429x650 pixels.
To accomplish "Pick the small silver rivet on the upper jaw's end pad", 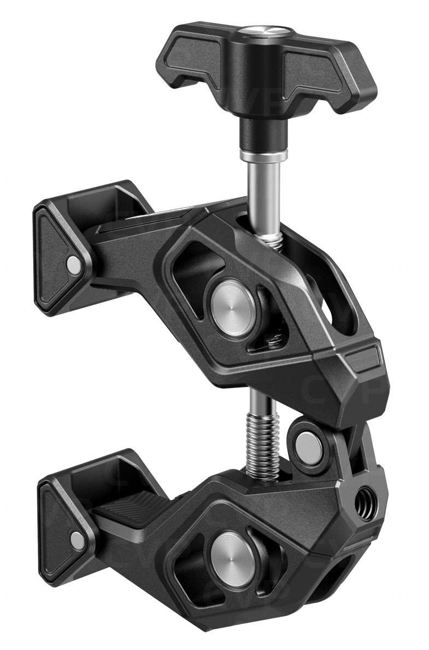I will tap(73, 265).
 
